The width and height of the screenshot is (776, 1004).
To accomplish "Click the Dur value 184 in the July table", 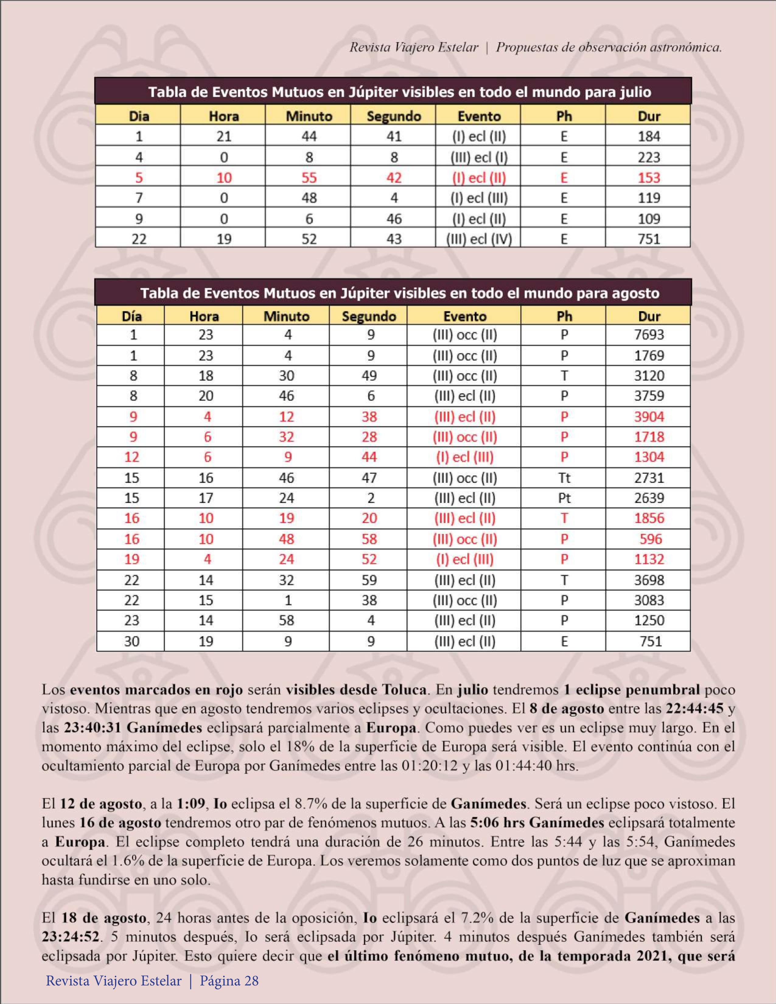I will (x=648, y=137).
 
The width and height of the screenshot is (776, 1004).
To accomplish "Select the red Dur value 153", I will (x=648, y=177).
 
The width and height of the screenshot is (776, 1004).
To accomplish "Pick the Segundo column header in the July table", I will (x=394, y=116).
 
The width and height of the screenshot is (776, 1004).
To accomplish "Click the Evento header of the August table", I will (x=465, y=316).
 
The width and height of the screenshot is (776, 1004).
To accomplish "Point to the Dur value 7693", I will (x=648, y=335).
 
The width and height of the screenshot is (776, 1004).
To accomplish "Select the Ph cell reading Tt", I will (x=564, y=478).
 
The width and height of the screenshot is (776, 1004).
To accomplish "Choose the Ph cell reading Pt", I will (x=564, y=498).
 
